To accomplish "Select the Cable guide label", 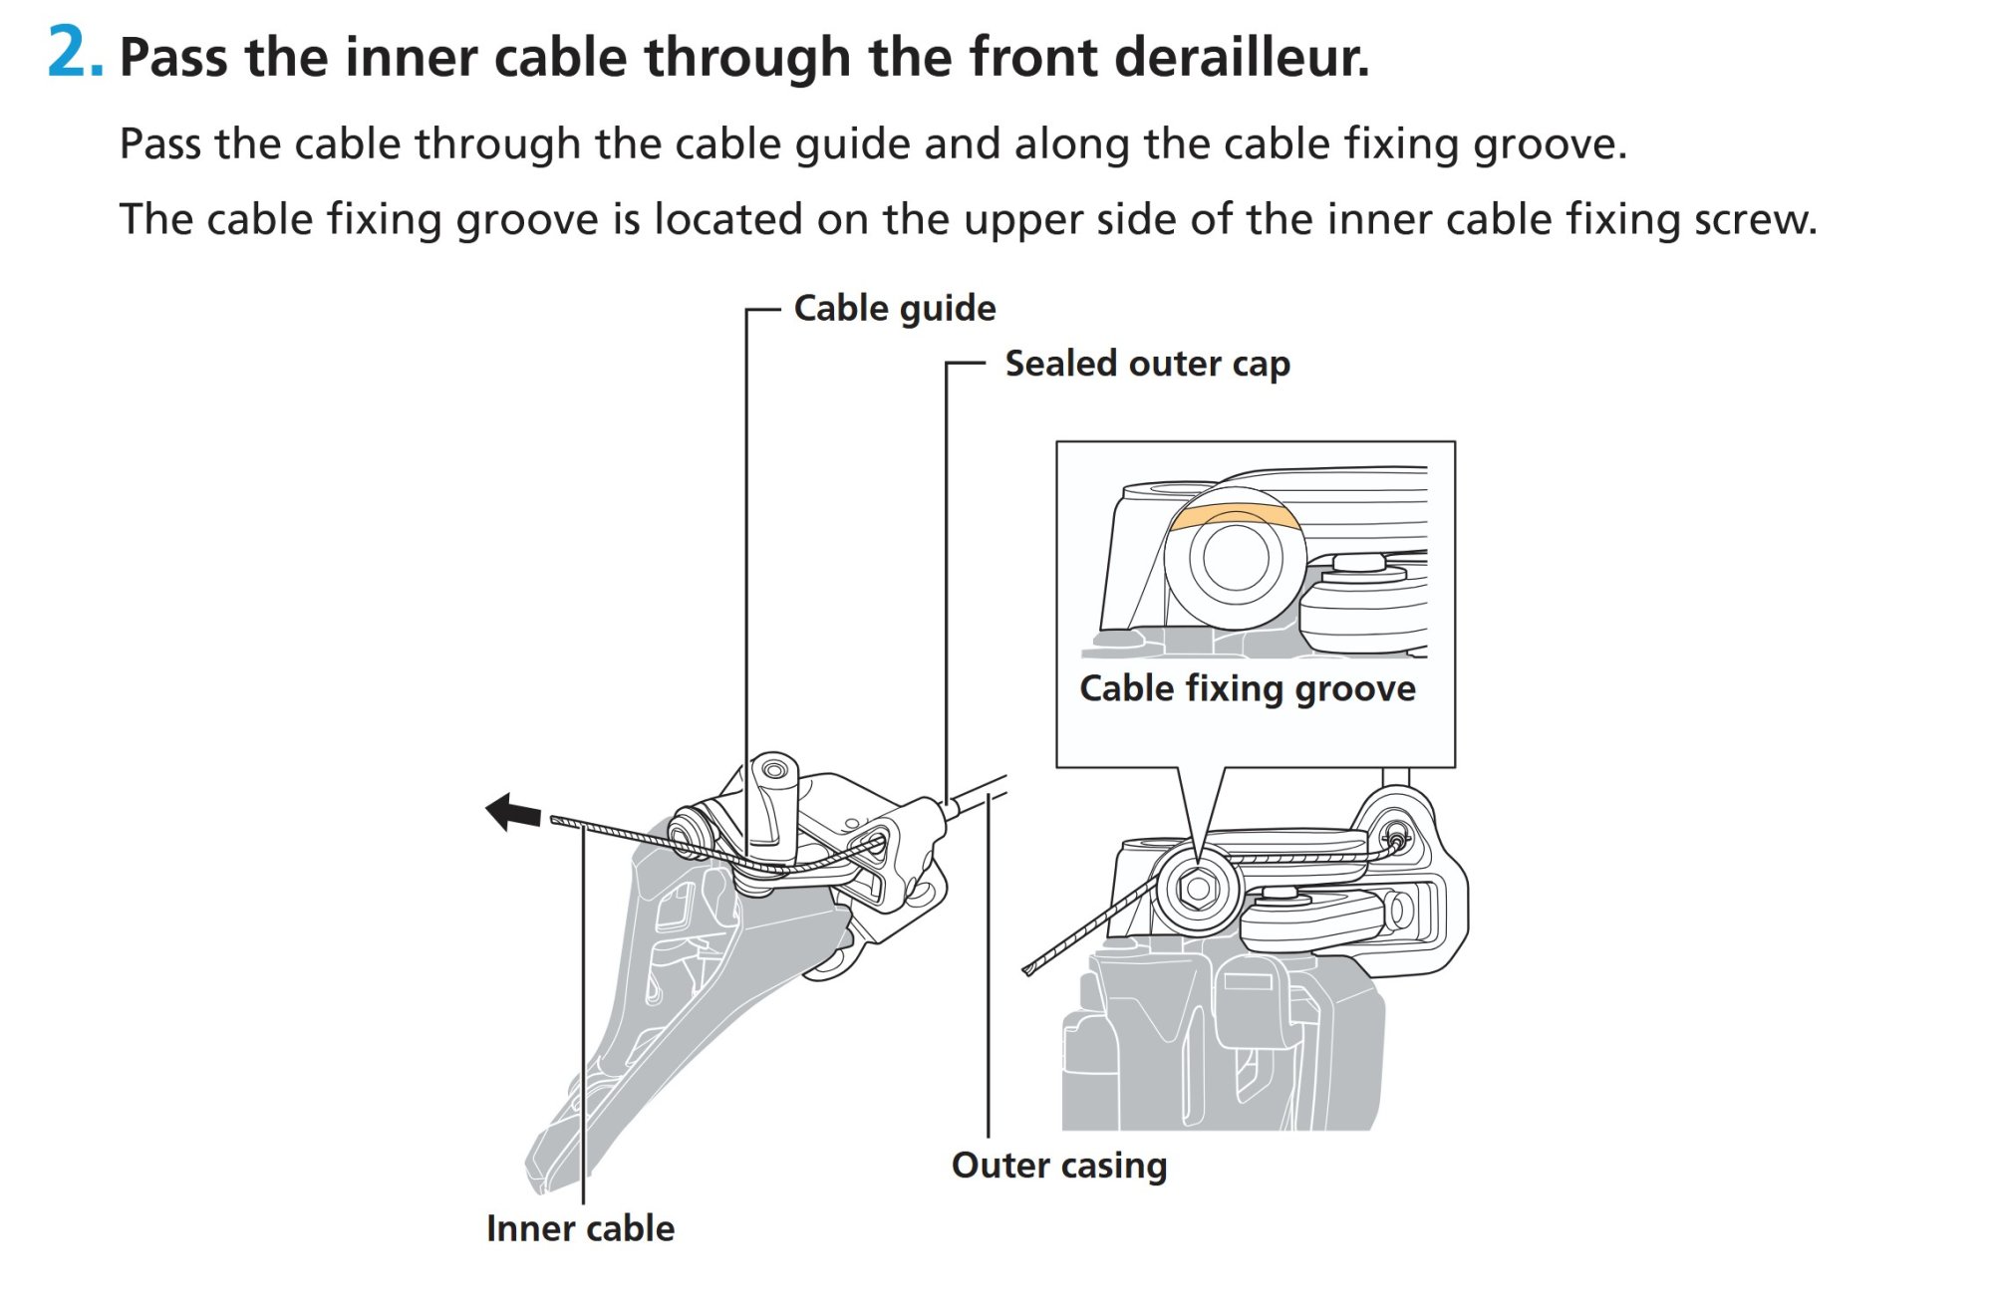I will click(x=894, y=309).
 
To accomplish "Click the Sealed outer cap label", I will click(x=1147, y=364).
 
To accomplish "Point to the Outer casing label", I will click(x=1058, y=1165).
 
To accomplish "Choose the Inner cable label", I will click(x=580, y=1228).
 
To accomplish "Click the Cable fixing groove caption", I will click(x=1247, y=688).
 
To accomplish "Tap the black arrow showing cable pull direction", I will click(x=512, y=812).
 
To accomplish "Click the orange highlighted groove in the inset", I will click(x=1234, y=515).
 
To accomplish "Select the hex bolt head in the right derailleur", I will click(x=1197, y=888).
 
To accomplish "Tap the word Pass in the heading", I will click(x=173, y=57).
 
